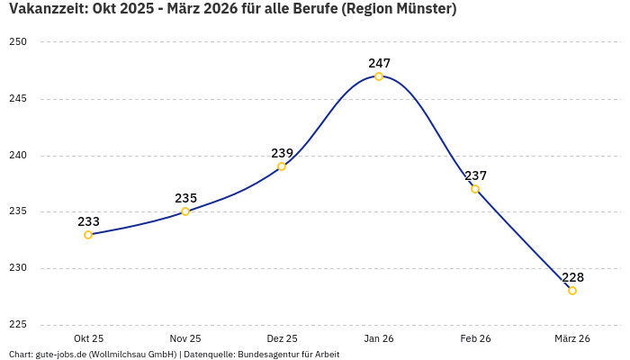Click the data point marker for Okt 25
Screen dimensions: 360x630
[x=88, y=235]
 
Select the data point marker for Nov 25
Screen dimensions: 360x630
[x=185, y=211]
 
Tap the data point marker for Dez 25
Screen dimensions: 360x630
[x=282, y=166]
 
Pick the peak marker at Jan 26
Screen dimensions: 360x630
[x=379, y=76]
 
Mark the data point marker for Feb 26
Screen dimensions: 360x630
[x=475, y=189]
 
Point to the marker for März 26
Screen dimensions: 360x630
[x=572, y=291]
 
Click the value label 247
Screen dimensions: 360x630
[x=379, y=63]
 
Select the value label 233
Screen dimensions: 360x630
[x=88, y=221]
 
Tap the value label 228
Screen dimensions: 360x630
[x=572, y=277]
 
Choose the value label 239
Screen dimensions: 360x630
[x=282, y=153]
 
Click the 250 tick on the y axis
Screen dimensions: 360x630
[x=19, y=42]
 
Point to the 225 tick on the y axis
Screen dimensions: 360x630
[x=19, y=325]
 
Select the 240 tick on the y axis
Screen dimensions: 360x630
[x=19, y=156]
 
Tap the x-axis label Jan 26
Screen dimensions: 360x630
[x=379, y=338]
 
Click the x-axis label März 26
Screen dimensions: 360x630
[x=572, y=338]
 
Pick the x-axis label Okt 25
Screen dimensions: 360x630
[x=88, y=338]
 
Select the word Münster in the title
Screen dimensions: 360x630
[x=421, y=10]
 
